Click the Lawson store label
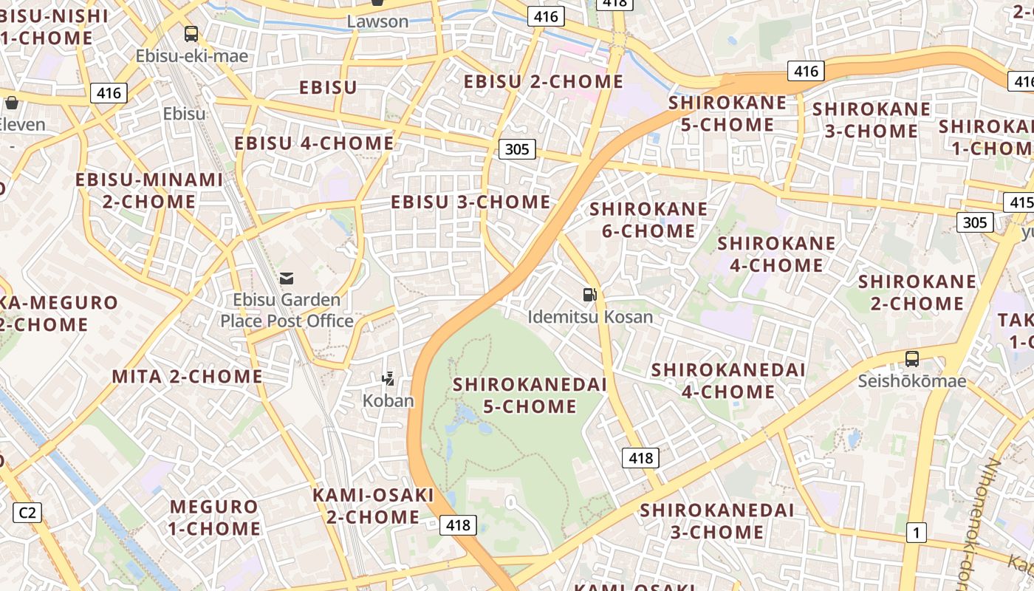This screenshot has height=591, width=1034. [377, 21]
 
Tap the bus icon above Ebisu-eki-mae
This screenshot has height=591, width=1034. [191, 34]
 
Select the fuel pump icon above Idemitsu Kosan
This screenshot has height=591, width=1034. [589, 295]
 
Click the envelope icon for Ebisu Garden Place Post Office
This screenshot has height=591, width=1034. [287, 279]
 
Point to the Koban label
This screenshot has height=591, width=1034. [388, 400]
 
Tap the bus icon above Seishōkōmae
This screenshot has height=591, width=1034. [912, 359]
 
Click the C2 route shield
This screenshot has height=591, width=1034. [28, 512]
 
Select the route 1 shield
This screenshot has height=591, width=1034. [917, 532]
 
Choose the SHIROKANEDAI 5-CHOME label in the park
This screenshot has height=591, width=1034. [530, 395]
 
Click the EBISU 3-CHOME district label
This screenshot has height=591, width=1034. [470, 202]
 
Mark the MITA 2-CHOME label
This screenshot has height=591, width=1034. [187, 376]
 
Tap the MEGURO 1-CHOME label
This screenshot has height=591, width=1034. [215, 518]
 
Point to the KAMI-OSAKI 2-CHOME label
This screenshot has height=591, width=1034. [373, 506]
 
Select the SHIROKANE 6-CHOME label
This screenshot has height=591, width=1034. [648, 220]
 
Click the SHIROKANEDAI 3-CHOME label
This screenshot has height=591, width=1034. [716, 521]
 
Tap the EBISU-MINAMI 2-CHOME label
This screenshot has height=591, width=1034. [149, 190]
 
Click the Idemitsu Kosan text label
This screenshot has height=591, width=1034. [590, 317]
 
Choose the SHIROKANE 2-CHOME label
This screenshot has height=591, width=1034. [917, 293]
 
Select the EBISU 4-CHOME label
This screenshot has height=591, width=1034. [314, 143]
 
